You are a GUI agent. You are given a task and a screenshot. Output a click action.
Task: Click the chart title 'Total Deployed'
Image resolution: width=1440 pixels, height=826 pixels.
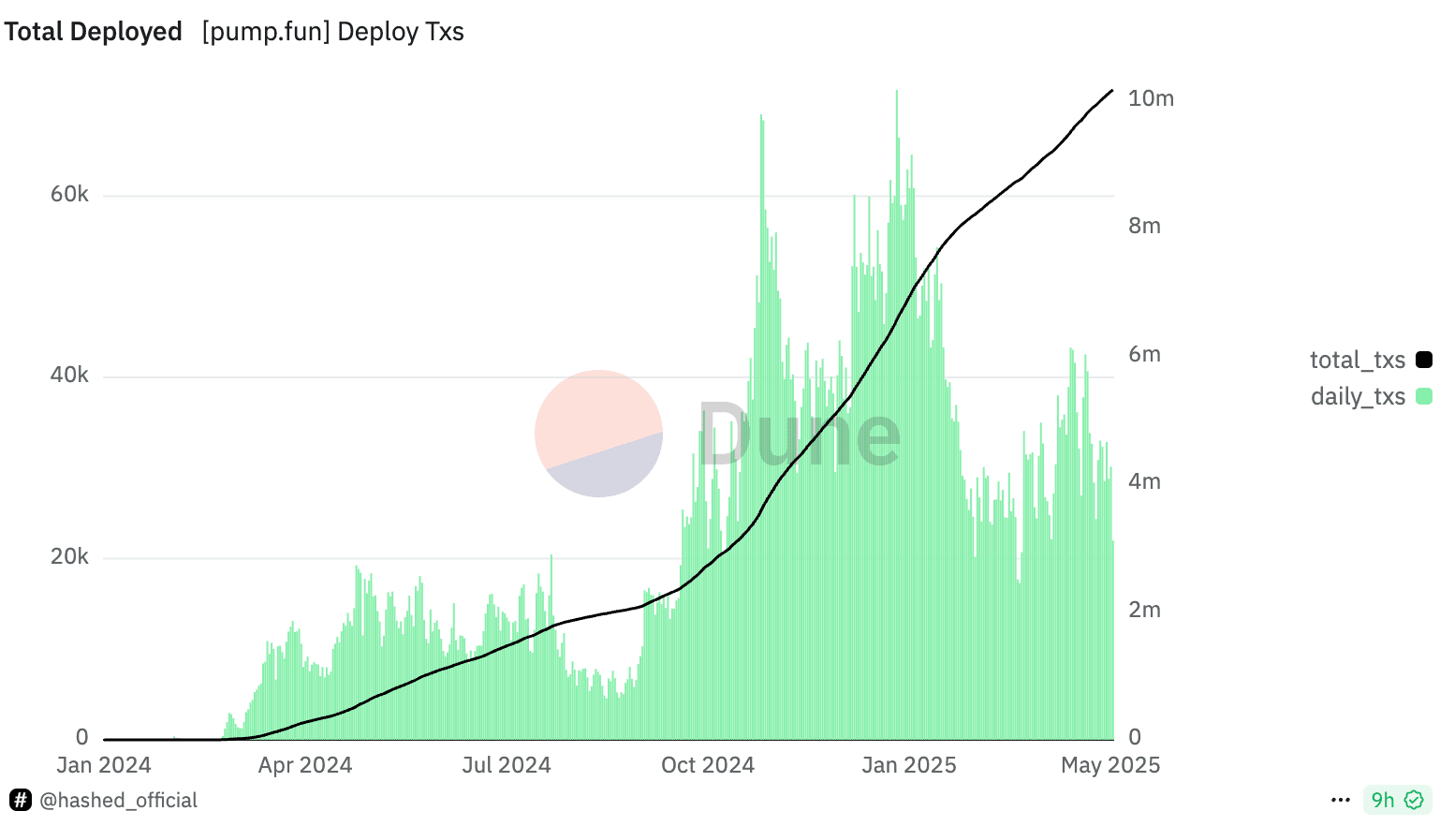coord(93,32)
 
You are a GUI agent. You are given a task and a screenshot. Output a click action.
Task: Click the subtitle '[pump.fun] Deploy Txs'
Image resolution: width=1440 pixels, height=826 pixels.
coord(332,32)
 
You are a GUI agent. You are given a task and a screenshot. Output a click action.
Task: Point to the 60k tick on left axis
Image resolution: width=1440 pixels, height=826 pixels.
coord(69,194)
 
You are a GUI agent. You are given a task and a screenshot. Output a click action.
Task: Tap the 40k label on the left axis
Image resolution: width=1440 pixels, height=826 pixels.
coord(69,375)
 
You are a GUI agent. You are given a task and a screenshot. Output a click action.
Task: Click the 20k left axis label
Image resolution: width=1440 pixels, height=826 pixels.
coord(69,556)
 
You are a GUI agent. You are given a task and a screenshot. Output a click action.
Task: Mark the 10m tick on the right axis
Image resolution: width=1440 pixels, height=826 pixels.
coord(1151,98)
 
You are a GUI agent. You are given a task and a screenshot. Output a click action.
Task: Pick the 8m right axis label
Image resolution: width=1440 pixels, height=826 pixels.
coord(1144,226)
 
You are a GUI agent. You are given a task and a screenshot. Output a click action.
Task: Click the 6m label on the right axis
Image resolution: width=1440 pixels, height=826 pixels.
coord(1144,354)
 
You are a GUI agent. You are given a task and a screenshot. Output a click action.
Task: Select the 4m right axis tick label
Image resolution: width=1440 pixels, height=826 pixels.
coord(1144,481)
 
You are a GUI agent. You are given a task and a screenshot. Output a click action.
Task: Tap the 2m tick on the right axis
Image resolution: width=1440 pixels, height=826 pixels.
coord(1144,610)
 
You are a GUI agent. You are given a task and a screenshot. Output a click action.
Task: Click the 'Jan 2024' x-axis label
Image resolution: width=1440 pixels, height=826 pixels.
coord(103,765)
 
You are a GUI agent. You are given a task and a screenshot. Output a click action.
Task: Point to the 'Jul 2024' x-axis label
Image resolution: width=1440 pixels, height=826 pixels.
coord(506,765)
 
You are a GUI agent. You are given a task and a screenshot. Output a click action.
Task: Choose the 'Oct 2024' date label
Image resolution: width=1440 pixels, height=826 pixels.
coord(707,765)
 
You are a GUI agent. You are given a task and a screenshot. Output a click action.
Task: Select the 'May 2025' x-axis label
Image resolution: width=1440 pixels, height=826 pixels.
coord(1109,765)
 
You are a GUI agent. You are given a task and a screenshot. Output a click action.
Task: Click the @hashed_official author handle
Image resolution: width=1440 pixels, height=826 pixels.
coord(118,800)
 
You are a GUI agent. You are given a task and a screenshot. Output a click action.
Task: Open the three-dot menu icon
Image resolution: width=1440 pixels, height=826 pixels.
coord(1340,800)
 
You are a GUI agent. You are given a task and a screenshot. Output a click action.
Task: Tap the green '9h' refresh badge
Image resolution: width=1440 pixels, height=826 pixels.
coord(1396,800)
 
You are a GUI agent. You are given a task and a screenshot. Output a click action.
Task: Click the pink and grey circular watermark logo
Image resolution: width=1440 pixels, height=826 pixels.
coord(598,434)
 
